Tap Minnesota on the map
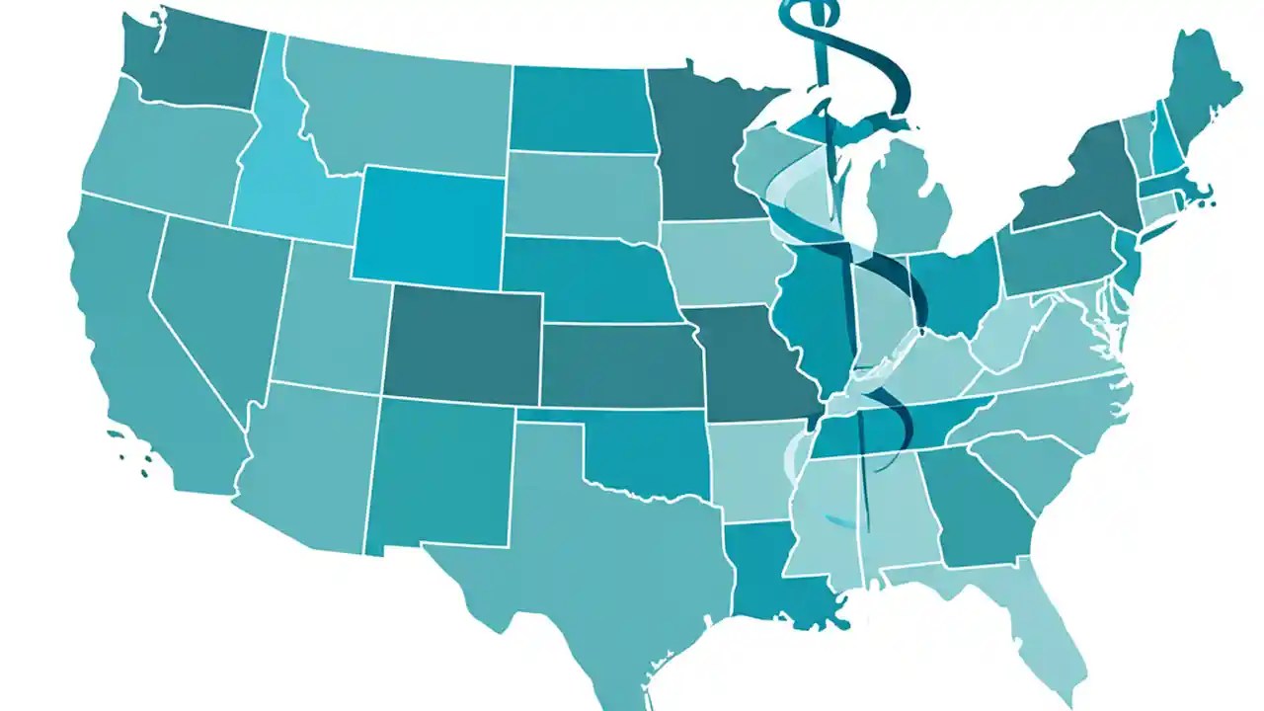tap(701, 148)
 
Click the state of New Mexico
tap(439, 474)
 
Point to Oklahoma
tap(642, 449)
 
